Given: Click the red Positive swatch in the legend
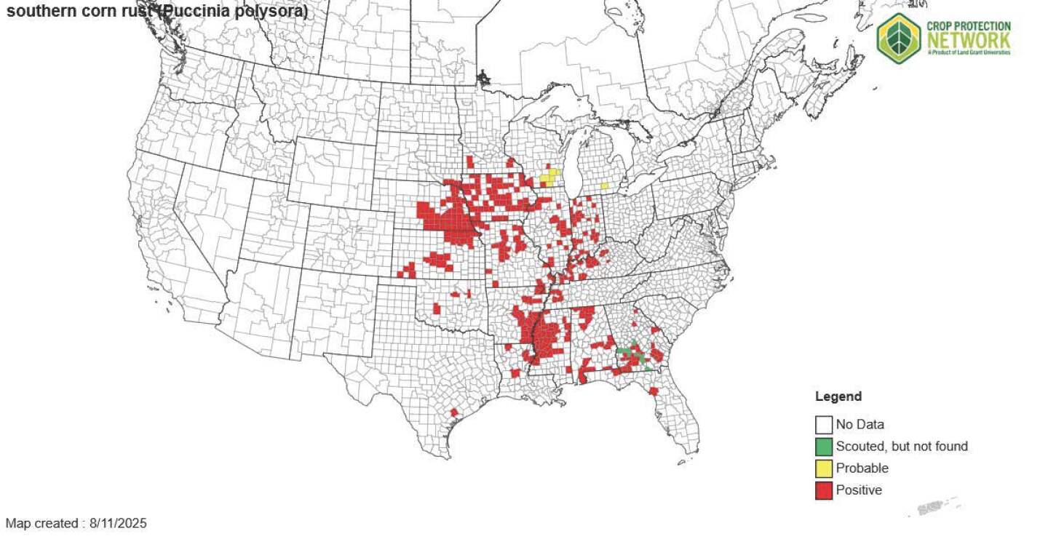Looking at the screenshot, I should coord(824,490).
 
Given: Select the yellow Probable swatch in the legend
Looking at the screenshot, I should coord(824,468).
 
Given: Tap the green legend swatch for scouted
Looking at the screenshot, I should coord(824,446).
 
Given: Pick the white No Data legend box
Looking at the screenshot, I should coord(824,424).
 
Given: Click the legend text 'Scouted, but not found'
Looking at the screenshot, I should coord(902,446).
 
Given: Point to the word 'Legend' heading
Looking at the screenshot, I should coord(838,396).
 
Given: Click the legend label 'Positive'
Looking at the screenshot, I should coord(859,490).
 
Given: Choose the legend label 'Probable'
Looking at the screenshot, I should coord(862,468).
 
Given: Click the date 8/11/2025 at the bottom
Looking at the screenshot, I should coord(118,523).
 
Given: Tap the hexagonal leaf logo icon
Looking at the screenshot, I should coord(899,37).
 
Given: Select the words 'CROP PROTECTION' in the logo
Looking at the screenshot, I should coord(968,25).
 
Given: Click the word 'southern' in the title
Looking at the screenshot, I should coord(36,12).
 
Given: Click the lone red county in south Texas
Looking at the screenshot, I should coord(454,412).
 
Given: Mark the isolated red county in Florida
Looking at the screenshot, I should coord(654,391).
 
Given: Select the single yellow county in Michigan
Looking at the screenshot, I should coord(604,185).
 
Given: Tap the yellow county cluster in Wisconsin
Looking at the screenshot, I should coord(549,177).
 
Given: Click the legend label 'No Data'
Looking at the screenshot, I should coord(860,424).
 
